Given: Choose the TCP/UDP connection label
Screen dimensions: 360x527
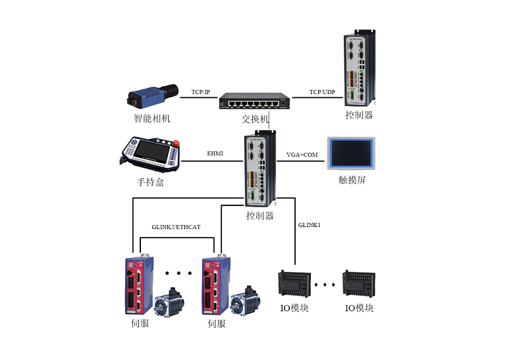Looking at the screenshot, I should coord(322,91).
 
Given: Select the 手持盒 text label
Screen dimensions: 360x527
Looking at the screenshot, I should coord(151,182).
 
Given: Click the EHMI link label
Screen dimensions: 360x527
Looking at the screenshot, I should coord(215,154).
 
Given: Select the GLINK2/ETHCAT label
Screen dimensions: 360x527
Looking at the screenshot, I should coord(176,226).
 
